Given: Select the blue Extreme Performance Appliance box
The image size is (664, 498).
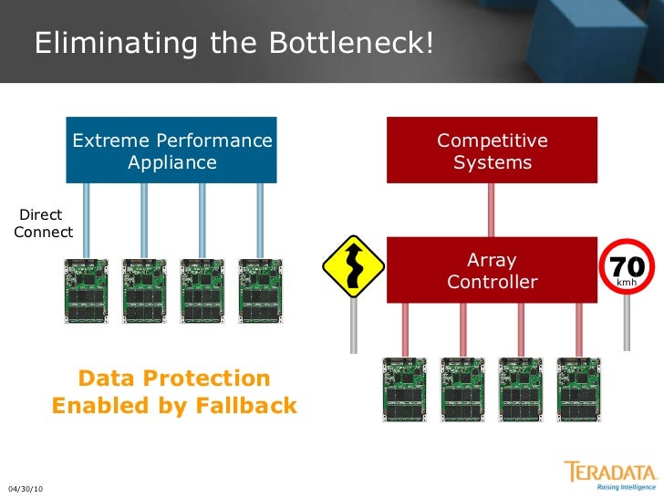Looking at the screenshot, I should pos(171,150).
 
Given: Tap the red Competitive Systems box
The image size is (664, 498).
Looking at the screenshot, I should pos(493,150).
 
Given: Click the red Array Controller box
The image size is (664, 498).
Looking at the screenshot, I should pos(493,270).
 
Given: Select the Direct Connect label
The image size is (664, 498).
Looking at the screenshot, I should pos(42,223).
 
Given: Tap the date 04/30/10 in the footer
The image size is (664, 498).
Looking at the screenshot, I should pos(26,490).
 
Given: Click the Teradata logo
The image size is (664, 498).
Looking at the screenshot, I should pos(610,475).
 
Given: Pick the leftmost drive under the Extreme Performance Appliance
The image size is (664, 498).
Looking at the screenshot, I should pos(86,291).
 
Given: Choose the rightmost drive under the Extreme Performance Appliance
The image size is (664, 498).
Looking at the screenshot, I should pos(260,291).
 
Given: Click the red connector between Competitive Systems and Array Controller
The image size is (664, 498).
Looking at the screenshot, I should pos(492,210).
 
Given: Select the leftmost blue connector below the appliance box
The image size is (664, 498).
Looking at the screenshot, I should pos(86,220).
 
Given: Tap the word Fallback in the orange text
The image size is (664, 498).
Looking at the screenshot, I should pos(244,406).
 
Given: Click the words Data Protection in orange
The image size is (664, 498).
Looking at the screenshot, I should pos(174,378).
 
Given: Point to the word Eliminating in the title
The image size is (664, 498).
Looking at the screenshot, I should pos(101,43).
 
